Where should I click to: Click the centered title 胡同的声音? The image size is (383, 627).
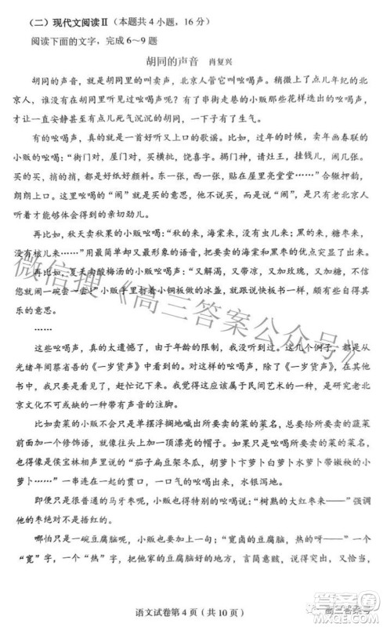point(172,60)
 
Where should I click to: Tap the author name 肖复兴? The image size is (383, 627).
point(220,60)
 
